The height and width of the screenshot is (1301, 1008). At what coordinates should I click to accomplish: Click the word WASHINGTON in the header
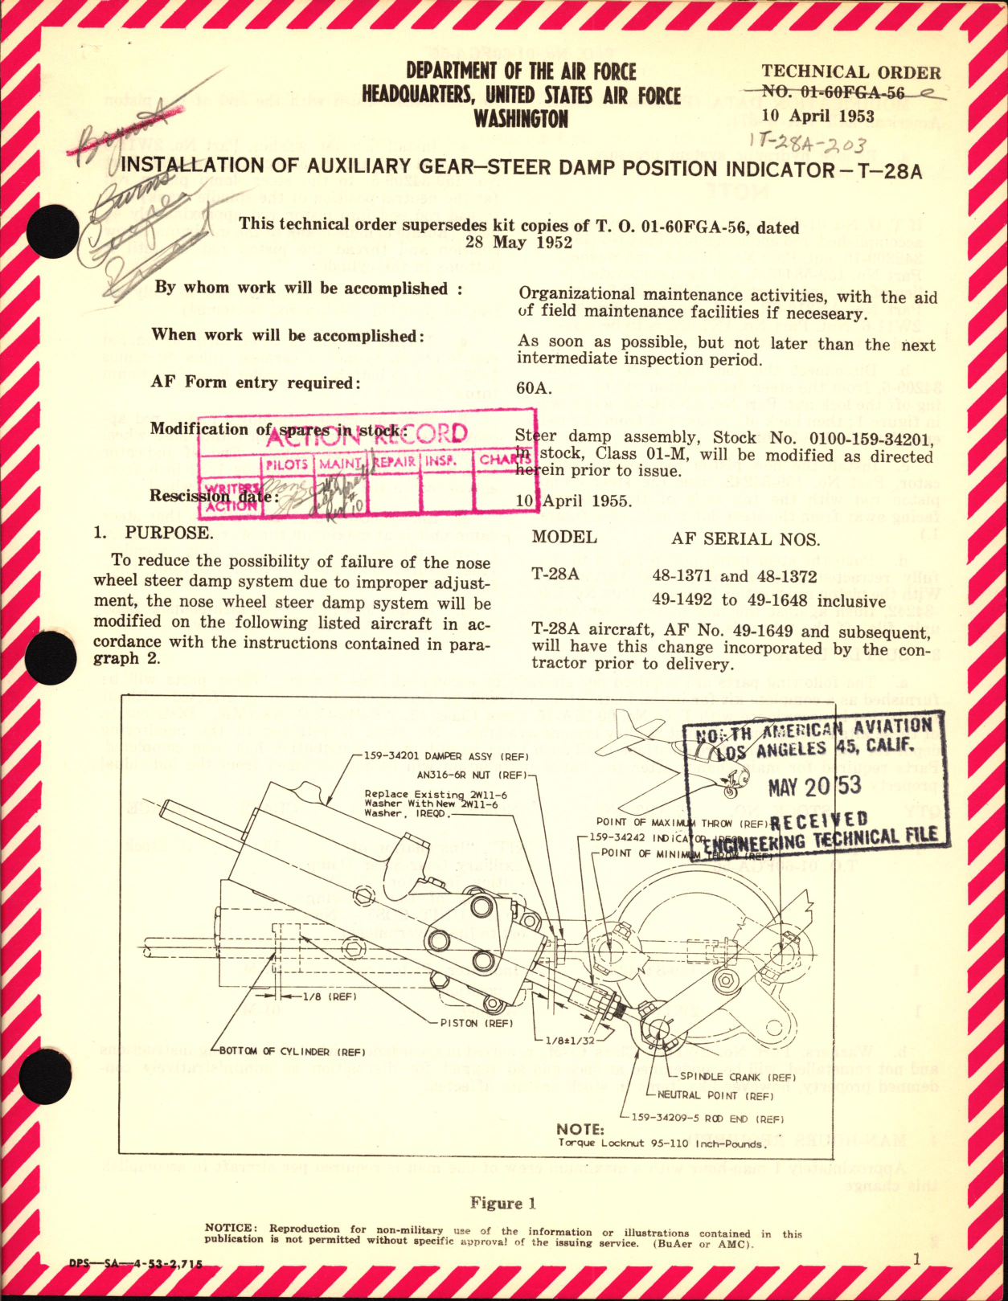(520, 120)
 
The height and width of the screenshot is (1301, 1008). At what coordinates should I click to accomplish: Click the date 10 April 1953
(817, 116)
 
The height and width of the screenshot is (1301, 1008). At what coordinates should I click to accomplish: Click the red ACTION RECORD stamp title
(366, 435)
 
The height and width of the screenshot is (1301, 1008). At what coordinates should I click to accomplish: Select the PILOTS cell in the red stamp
(287, 464)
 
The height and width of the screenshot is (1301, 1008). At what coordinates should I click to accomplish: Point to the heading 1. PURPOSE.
(153, 533)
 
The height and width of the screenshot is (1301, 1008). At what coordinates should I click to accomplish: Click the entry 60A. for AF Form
(534, 388)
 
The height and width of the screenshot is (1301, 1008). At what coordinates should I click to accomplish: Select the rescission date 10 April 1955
(573, 501)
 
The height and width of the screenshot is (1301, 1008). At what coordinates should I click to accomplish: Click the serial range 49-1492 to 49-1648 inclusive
(769, 601)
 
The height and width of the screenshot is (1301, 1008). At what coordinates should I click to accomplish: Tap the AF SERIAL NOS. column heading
(745, 539)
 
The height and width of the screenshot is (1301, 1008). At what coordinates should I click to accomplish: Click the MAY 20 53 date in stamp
(813, 786)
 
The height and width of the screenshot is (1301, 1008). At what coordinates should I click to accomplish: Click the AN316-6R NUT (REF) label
(470, 775)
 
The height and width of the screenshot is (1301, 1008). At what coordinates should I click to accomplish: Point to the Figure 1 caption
(502, 1203)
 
